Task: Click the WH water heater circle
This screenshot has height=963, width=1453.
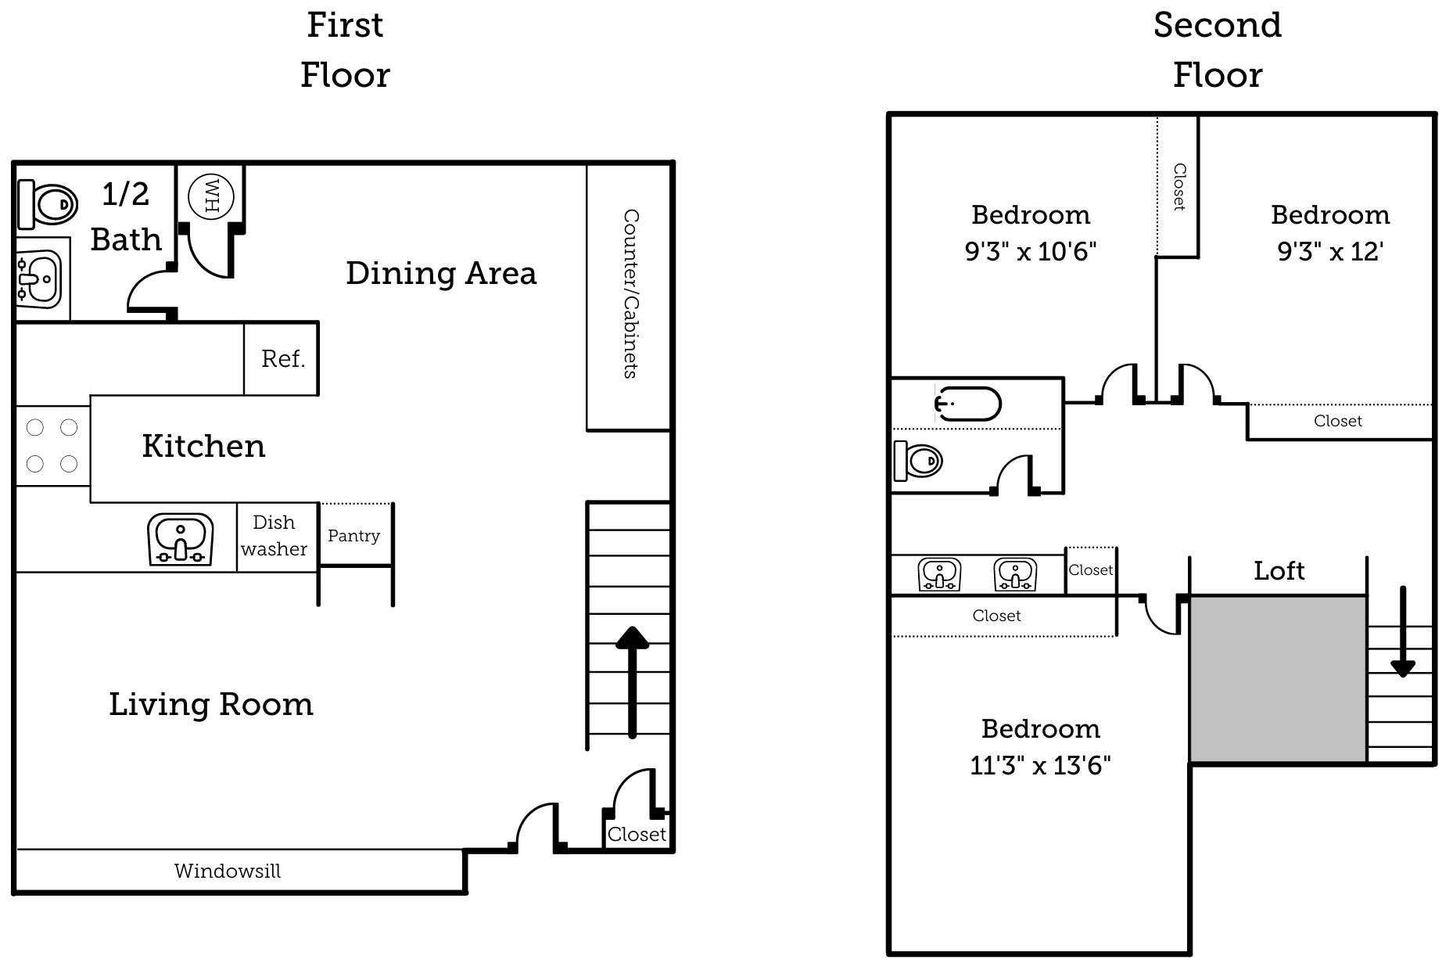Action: pyautogui.click(x=211, y=196)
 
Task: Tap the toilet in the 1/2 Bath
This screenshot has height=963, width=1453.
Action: pyautogui.click(x=48, y=204)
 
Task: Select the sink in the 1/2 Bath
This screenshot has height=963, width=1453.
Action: pyautogui.click(x=39, y=278)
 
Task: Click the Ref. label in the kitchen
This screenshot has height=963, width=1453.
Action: pyautogui.click(x=282, y=359)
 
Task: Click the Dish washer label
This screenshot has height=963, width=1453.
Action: pyautogui.click(x=274, y=536)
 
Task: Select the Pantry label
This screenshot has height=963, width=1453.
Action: pyautogui.click(x=353, y=536)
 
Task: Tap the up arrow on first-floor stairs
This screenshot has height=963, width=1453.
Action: pyautogui.click(x=632, y=681)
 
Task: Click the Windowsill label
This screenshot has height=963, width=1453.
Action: pyautogui.click(x=227, y=871)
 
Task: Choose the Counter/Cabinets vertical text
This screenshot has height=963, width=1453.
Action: pyautogui.click(x=630, y=294)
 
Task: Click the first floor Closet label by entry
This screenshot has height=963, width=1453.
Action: pyautogui.click(x=637, y=835)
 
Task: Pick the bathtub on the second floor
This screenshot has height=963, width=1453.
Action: pyautogui.click(x=969, y=404)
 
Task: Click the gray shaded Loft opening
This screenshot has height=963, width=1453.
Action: pyautogui.click(x=1278, y=679)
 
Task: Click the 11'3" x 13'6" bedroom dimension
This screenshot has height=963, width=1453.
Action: pyautogui.click(x=1040, y=765)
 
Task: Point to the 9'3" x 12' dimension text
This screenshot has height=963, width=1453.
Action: pyautogui.click(x=1330, y=252)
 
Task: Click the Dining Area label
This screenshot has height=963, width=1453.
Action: pyautogui.click(x=441, y=274)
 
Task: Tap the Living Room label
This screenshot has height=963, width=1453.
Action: pyautogui.click(x=211, y=705)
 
